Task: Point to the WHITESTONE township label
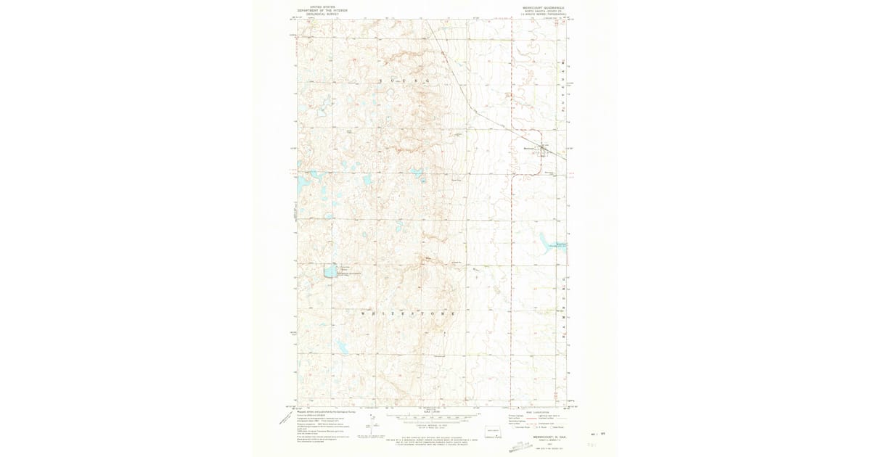tap(407, 313)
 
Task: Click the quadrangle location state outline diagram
tap(496, 433)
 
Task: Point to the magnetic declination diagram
tap(369, 427)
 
